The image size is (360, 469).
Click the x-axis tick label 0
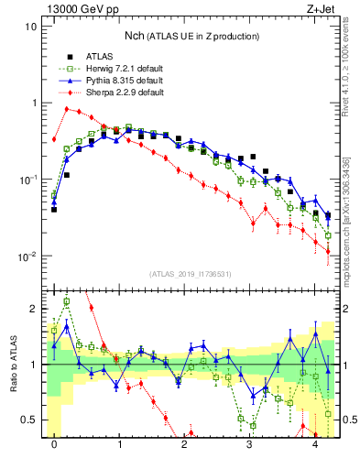point(54,444)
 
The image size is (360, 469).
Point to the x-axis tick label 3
point(250,444)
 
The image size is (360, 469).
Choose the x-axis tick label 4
point(315,444)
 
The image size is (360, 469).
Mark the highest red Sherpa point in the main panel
point(67,108)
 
